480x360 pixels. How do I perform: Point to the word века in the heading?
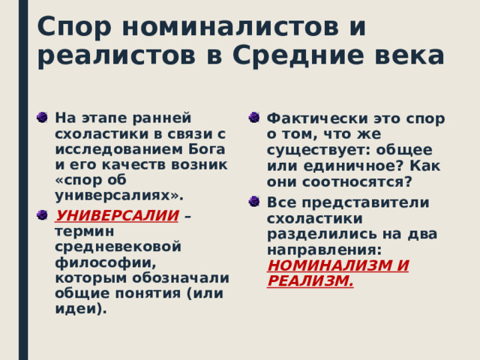pyautogui.click(x=404, y=55)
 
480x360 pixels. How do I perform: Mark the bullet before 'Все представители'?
pyautogui.click(x=254, y=202)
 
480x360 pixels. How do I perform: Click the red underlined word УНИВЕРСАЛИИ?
pyautogui.click(x=117, y=216)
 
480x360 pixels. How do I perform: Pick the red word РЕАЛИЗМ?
pyautogui.click(x=309, y=280)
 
